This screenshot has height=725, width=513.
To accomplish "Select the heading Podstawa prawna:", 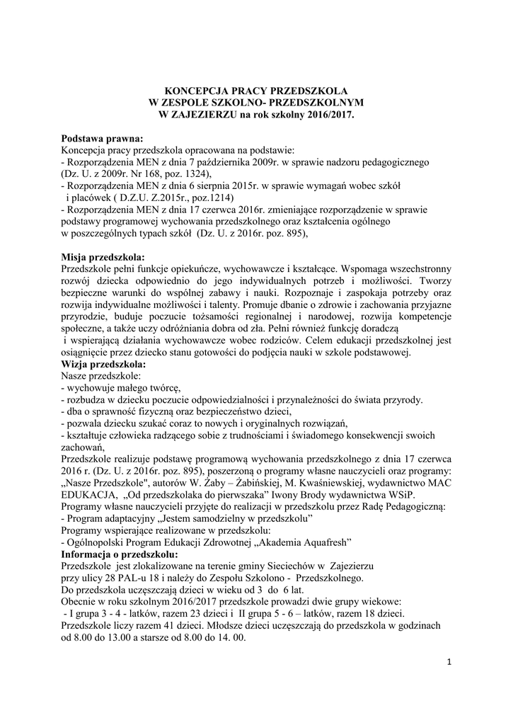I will pyautogui.click(x=102, y=138).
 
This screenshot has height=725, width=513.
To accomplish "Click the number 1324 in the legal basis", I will pyautogui.click(x=193, y=173).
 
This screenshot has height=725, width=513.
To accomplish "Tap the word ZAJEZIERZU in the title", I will pyautogui.click(x=205, y=113).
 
